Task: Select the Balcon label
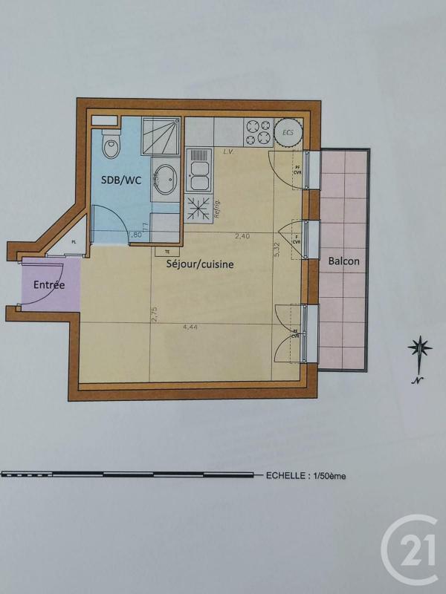pos(344,261)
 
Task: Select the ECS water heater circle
pos(288,131)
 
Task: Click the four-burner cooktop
pos(258,131)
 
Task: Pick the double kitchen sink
pos(198,171)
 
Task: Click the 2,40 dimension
pos(242,236)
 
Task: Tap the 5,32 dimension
pos(277,249)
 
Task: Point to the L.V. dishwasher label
pos(227,151)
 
